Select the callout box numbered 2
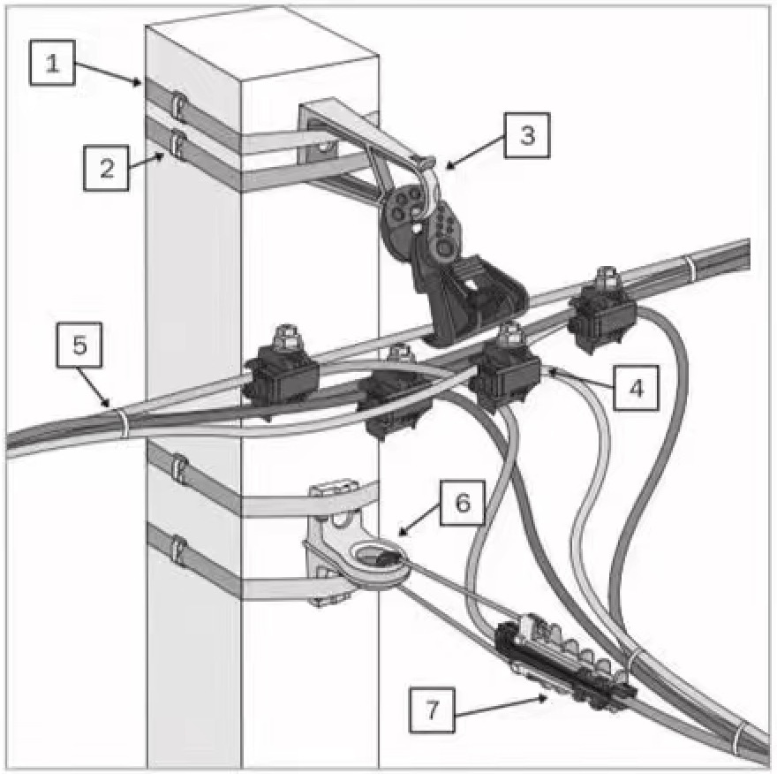click(107, 168)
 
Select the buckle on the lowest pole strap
click(177, 552)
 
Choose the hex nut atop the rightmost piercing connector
click(606, 275)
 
